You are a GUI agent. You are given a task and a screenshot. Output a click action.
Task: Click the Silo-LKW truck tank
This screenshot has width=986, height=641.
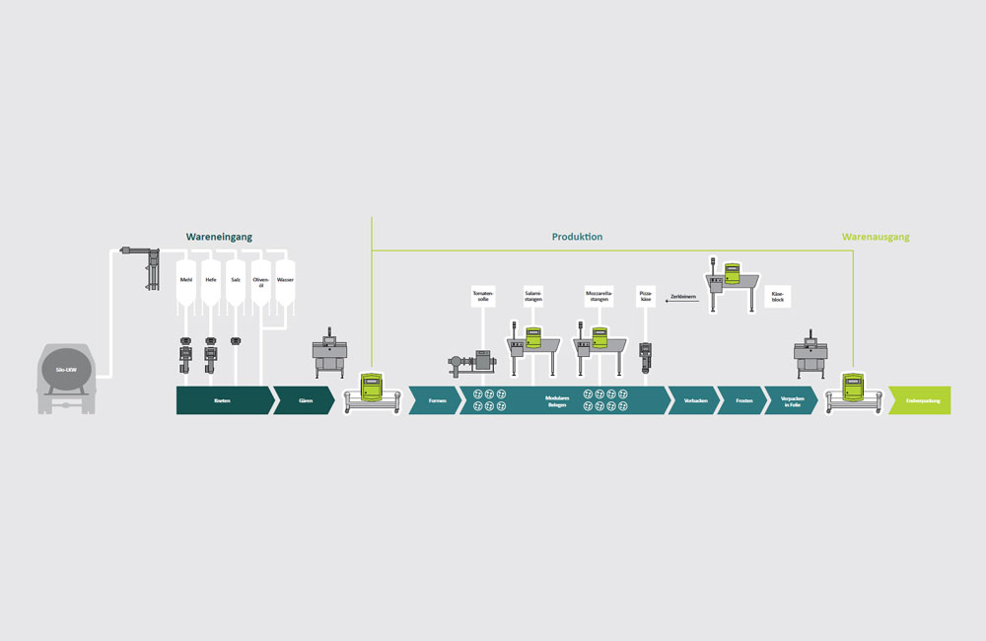(66, 373)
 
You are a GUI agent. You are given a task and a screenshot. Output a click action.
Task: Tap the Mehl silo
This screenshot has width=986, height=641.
(186, 280)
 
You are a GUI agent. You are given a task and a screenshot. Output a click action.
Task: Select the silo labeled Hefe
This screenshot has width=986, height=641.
(211, 280)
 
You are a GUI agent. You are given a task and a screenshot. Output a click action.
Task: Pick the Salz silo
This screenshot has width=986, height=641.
(236, 280)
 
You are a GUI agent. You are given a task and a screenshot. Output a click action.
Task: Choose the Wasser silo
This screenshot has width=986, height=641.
(285, 280)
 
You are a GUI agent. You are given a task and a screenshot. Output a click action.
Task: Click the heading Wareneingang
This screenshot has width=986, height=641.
(220, 238)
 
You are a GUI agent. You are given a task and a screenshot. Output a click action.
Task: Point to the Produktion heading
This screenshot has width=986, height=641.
(577, 238)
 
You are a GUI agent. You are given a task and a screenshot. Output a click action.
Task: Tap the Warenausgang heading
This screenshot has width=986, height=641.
(876, 238)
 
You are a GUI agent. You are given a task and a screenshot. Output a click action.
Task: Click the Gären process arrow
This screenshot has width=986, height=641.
(305, 400)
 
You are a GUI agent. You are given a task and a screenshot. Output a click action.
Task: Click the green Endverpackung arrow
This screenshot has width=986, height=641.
(919, 400)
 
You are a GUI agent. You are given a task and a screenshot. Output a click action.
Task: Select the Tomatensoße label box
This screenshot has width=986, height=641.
(482, 295)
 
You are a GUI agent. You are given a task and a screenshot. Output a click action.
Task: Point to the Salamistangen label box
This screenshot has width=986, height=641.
(534, 295)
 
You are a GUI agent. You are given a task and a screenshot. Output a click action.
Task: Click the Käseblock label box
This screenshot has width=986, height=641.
(778, 295)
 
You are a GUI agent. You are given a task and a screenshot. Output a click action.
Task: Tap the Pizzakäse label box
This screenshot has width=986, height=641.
(646, 295)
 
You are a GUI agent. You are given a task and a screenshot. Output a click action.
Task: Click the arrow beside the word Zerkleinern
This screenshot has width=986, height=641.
(682, 304)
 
